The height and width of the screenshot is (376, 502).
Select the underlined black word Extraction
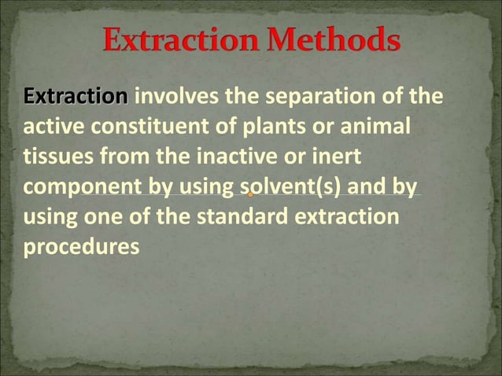tap(76, 97)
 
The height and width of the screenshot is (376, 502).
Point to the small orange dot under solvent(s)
tap(250, 194)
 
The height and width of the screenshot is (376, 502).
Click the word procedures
tap(81, 246)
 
